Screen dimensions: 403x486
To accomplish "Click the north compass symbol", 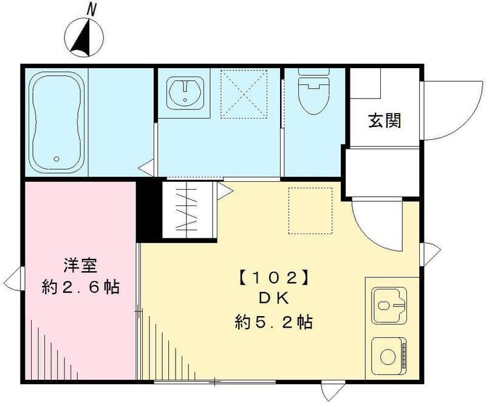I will pos(84,37).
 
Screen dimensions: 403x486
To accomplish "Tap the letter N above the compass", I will pos(91,9).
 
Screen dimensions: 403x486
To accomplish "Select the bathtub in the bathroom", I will pos(57,122).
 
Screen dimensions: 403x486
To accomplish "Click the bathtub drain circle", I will pos(56,159).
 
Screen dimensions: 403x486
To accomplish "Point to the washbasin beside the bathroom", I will pos(183,93).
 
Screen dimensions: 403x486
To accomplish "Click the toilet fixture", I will pos(313,94).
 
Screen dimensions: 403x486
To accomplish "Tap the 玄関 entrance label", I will pos(385,121).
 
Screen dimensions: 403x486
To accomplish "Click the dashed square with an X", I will pos(244,94).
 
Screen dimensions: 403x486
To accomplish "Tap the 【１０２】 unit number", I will pos(273,278).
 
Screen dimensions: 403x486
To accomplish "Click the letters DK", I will pos(273,300).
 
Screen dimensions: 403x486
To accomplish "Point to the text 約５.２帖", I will pos(273,322).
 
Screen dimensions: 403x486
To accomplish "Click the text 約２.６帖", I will pos(80,286).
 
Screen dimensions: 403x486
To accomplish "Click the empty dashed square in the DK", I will pos(310,210).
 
